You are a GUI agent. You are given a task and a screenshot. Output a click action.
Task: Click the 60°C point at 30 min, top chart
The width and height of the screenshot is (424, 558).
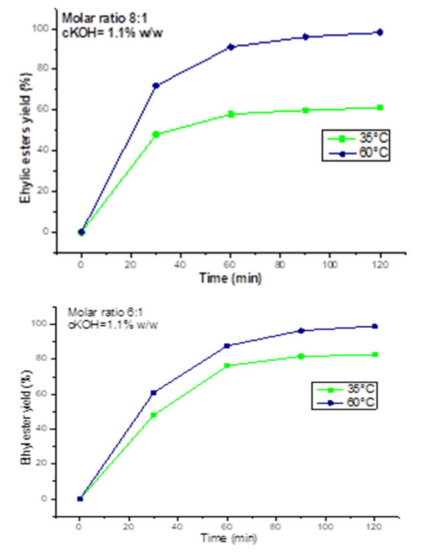tap(156, 86)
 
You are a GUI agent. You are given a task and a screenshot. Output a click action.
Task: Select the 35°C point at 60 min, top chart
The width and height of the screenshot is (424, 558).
tap(231, 115)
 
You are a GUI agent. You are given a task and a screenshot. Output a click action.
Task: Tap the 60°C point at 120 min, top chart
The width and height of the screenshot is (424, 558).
tap(380, 32)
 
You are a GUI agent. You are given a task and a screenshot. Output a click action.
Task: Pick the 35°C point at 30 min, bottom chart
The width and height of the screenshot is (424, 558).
tap(154, 415)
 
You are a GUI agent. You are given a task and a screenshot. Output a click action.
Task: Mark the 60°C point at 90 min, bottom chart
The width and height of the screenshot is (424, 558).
tap(301, 330)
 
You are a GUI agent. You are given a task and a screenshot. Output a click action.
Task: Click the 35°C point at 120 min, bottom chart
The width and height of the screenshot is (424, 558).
tap(375, 355)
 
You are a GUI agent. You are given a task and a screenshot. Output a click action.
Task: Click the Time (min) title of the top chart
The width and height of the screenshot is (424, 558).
tap(231, 278)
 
